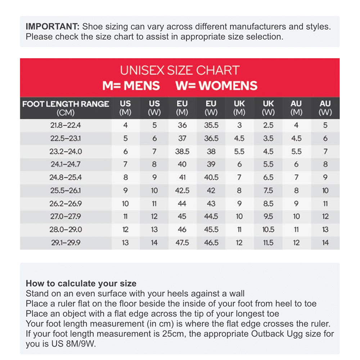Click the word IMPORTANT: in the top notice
[53, 27]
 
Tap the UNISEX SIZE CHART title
[180, 70]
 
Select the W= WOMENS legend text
[216, 86]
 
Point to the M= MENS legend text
[131, 86]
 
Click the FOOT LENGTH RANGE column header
[66, 108]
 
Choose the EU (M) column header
[182, 108]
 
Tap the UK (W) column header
[268, 108]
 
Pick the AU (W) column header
[325, 108]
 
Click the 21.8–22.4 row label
[66, 126]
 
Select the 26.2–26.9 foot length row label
[66, 204]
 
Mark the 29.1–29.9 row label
[66, 243]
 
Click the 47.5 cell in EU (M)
[182, 243]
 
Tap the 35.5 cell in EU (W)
[211, 126]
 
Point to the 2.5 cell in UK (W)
[268, 126]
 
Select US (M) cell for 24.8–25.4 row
[125, 177]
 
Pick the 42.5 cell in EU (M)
[182, 190]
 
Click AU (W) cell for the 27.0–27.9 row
[325, 217]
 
